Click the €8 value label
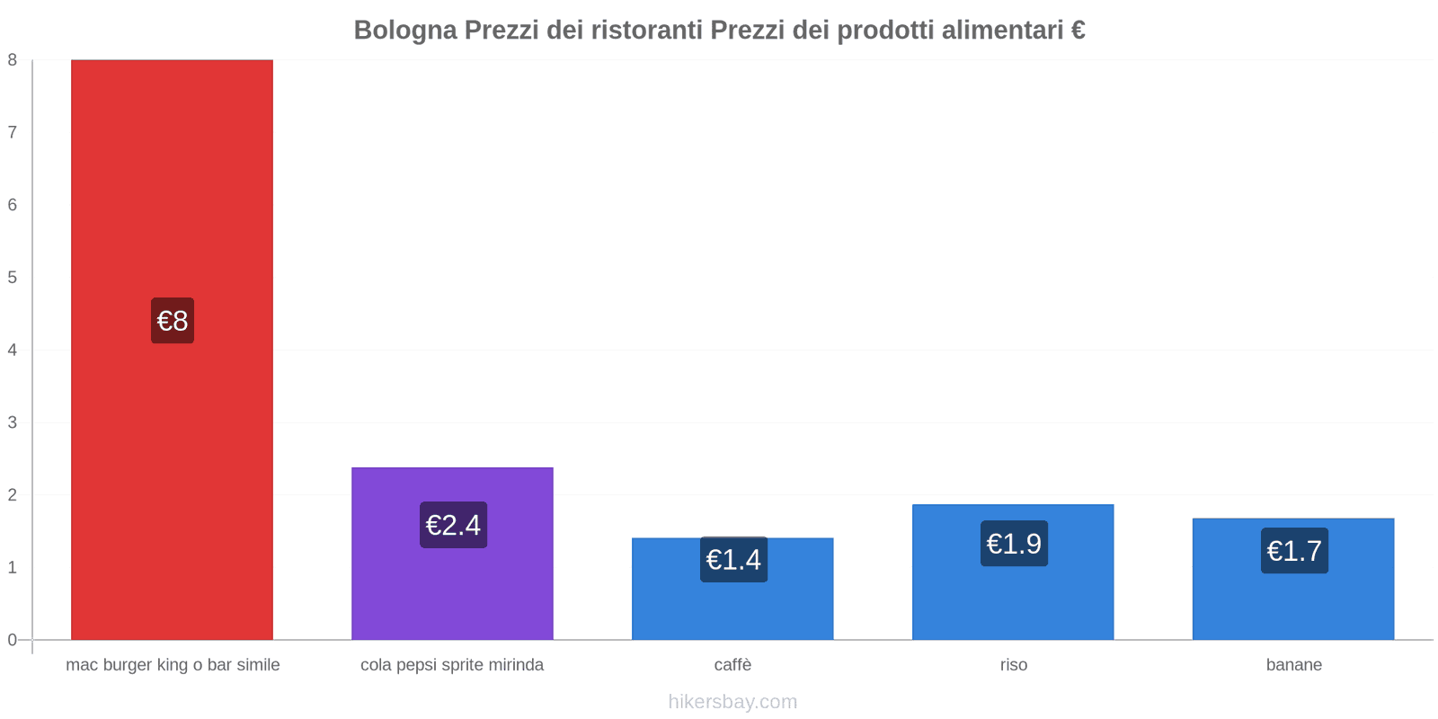173,321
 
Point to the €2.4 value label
453,525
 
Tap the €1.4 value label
733,560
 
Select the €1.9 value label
1014,544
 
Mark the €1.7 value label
1294,551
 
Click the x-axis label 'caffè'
732,665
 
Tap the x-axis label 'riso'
1013,665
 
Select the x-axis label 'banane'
1293,665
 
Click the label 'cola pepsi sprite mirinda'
452,665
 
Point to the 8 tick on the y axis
13,60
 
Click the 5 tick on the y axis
13,278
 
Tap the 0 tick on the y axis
13,640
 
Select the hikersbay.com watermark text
732,702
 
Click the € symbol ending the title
1078,31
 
